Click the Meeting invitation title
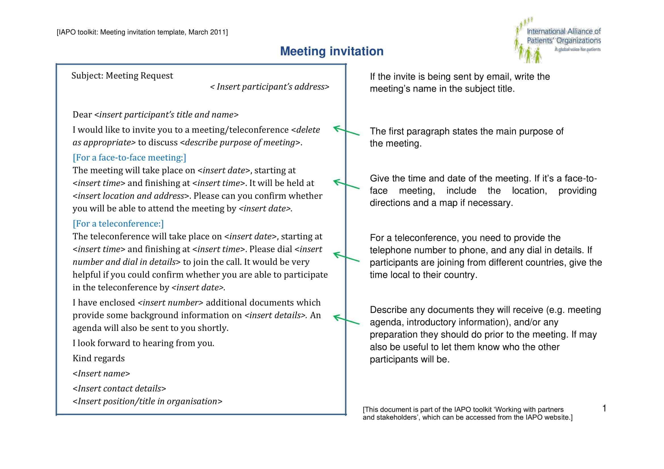(332, 51)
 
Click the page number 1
(604, 408)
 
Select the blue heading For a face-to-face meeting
(129, 157)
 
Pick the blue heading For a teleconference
(118, 223)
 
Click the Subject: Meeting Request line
(122, 76)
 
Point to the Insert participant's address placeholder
(269, 87)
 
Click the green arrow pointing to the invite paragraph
(346, 130)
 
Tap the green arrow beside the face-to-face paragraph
(346, 184)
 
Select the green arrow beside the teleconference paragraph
(346, 257)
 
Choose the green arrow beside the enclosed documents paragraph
(346, 320)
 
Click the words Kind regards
(99, 358)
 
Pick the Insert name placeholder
(101, 373)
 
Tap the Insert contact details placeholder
(120, 388)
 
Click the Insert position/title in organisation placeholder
(148, 401)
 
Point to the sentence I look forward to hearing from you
(143, 343)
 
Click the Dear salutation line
(156, 115)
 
